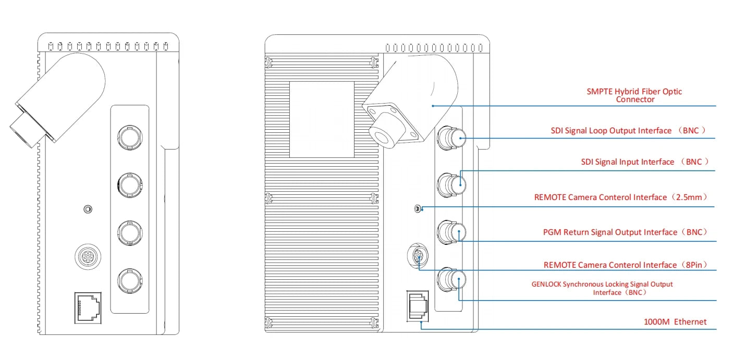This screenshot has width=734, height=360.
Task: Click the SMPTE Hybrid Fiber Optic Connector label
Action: tap(634, 95)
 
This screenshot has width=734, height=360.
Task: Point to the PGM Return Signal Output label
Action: tap(625, 232)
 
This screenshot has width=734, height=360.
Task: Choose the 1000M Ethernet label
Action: tap(676, 322)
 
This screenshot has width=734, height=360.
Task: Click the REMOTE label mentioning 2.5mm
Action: tap(620, 197)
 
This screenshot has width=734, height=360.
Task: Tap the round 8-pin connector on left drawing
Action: tap(87, 256)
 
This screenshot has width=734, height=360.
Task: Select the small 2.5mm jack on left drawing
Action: tap(88, 209)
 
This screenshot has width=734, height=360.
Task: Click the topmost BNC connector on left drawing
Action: tap(128, 137)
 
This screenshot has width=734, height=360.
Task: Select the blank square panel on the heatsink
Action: tap(321, 119)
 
